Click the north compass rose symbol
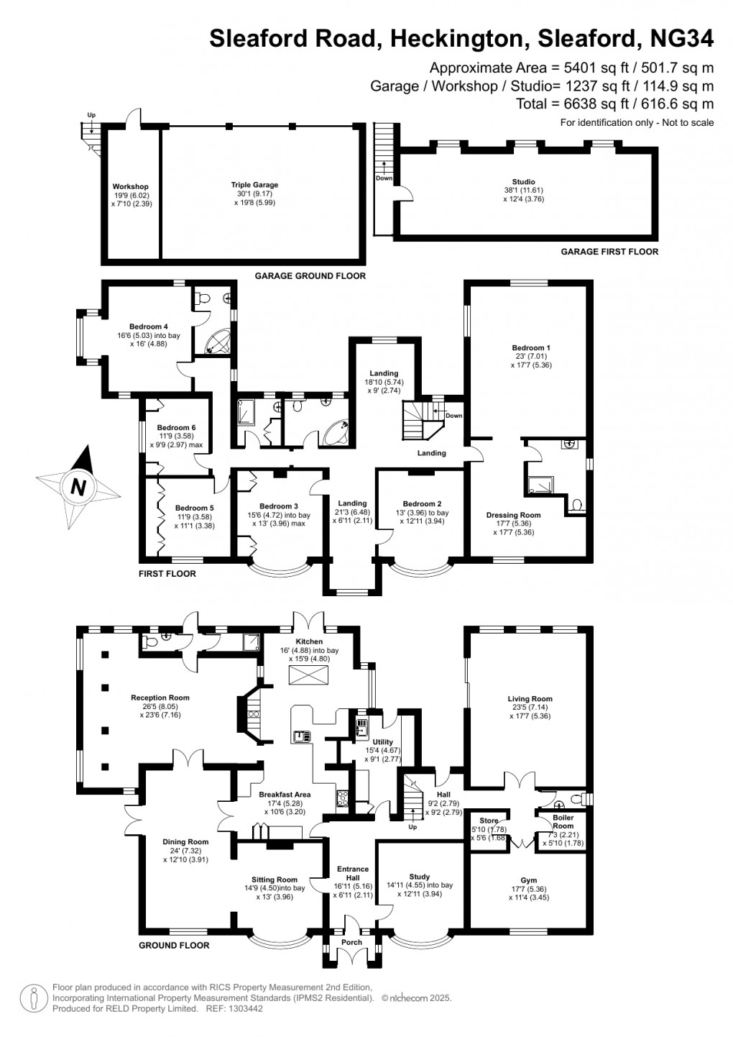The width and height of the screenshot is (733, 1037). click(78, 488)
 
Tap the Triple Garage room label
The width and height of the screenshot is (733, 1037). click(254, 185)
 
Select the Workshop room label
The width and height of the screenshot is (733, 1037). click(131, 187)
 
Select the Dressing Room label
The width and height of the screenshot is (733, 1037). click(513, 515)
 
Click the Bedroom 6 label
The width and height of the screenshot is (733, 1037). click(176, 427)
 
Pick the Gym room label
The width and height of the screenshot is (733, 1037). click(528, 880)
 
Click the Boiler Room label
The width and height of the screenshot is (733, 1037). click(563, 821)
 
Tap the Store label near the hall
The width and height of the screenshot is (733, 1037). click(489, 821)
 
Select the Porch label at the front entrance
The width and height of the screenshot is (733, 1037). click(351, 942)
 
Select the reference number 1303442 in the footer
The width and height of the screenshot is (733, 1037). click(245, 1009)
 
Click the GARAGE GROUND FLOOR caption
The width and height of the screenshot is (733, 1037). click(310, 276)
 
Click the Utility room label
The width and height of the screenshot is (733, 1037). click(382, 742)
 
